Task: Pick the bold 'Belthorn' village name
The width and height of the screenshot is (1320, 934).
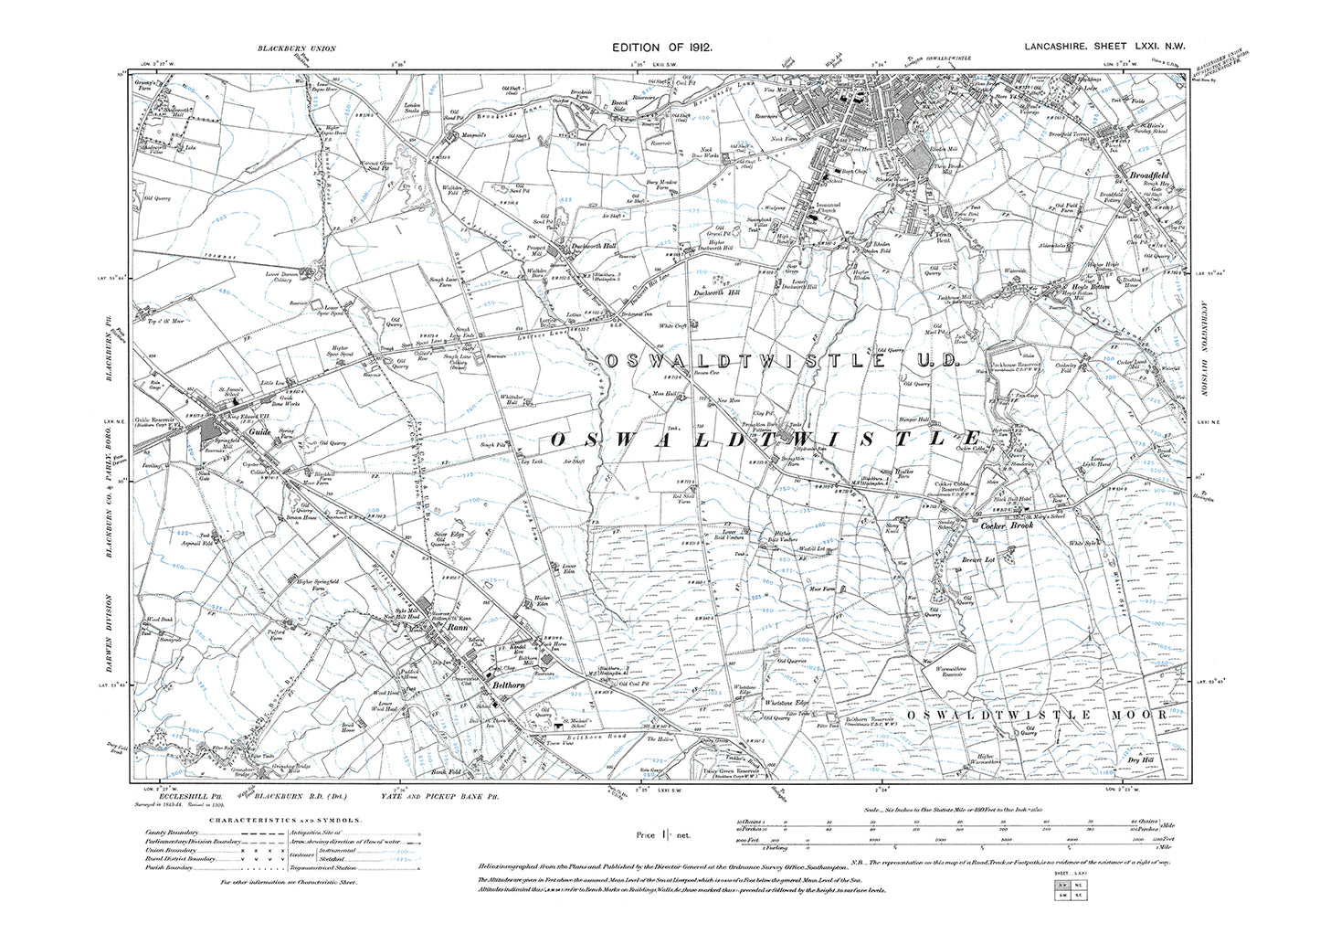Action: coord(510,685)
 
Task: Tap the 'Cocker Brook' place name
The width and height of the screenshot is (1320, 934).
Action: coord(1006,526)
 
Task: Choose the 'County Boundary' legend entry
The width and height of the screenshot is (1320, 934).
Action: coord(172,833)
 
